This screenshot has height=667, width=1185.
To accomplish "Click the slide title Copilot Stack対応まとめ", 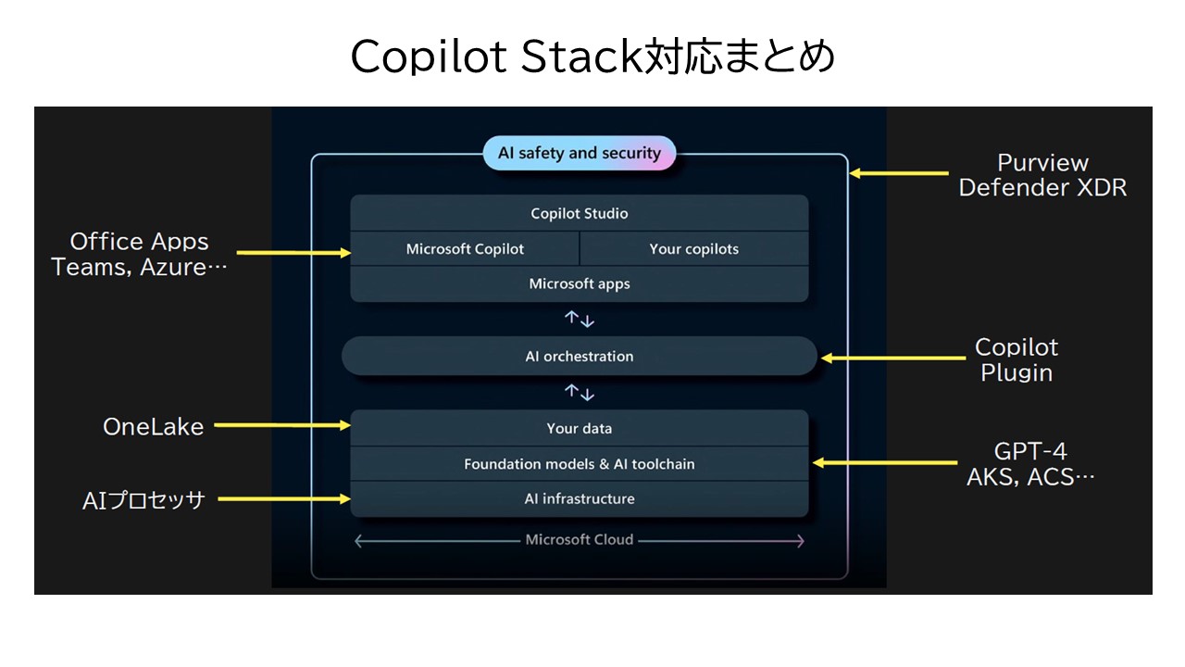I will tap(592, 57).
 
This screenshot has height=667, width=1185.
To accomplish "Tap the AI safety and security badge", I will tap(580, 154).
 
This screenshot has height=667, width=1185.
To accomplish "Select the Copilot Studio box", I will tap(580, 214).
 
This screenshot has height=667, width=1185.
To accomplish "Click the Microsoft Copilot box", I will tap(465, 249).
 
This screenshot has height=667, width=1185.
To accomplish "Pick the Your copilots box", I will tap(694, 249).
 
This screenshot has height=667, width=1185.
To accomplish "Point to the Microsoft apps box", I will tap(580, 284).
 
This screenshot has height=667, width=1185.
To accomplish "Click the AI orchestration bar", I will tap(580, 357).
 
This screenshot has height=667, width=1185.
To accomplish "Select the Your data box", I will tap(580, 429).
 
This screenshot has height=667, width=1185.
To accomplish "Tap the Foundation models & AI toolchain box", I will tap(580, 464).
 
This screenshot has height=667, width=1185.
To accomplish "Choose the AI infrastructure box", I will tap(580, 499).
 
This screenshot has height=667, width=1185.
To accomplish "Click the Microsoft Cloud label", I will tap(580, 540).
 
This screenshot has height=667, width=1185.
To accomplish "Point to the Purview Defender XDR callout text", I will tap(1042, 175).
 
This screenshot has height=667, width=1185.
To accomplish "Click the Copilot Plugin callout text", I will tap(1017, 360).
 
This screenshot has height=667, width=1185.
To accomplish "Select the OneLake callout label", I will tap(154, 427).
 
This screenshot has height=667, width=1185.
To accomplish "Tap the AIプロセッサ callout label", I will tap(143, 500).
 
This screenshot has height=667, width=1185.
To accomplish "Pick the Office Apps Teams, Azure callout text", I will tap(139, 254).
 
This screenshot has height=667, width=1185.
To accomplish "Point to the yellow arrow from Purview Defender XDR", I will tap(899, 172).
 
